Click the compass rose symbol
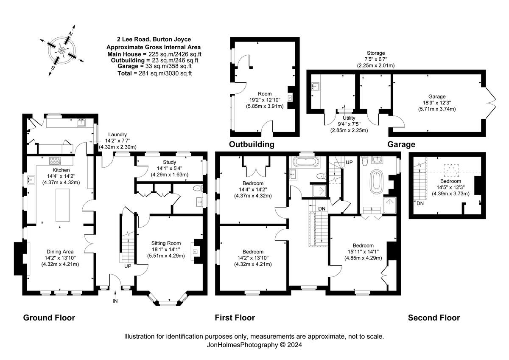62,51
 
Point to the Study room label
169,162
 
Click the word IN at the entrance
115,301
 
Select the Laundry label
117,134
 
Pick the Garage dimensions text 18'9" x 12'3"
436,103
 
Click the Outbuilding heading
252,144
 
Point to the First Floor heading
235,318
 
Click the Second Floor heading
433,318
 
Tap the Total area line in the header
154,73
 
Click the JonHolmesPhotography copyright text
254,345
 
